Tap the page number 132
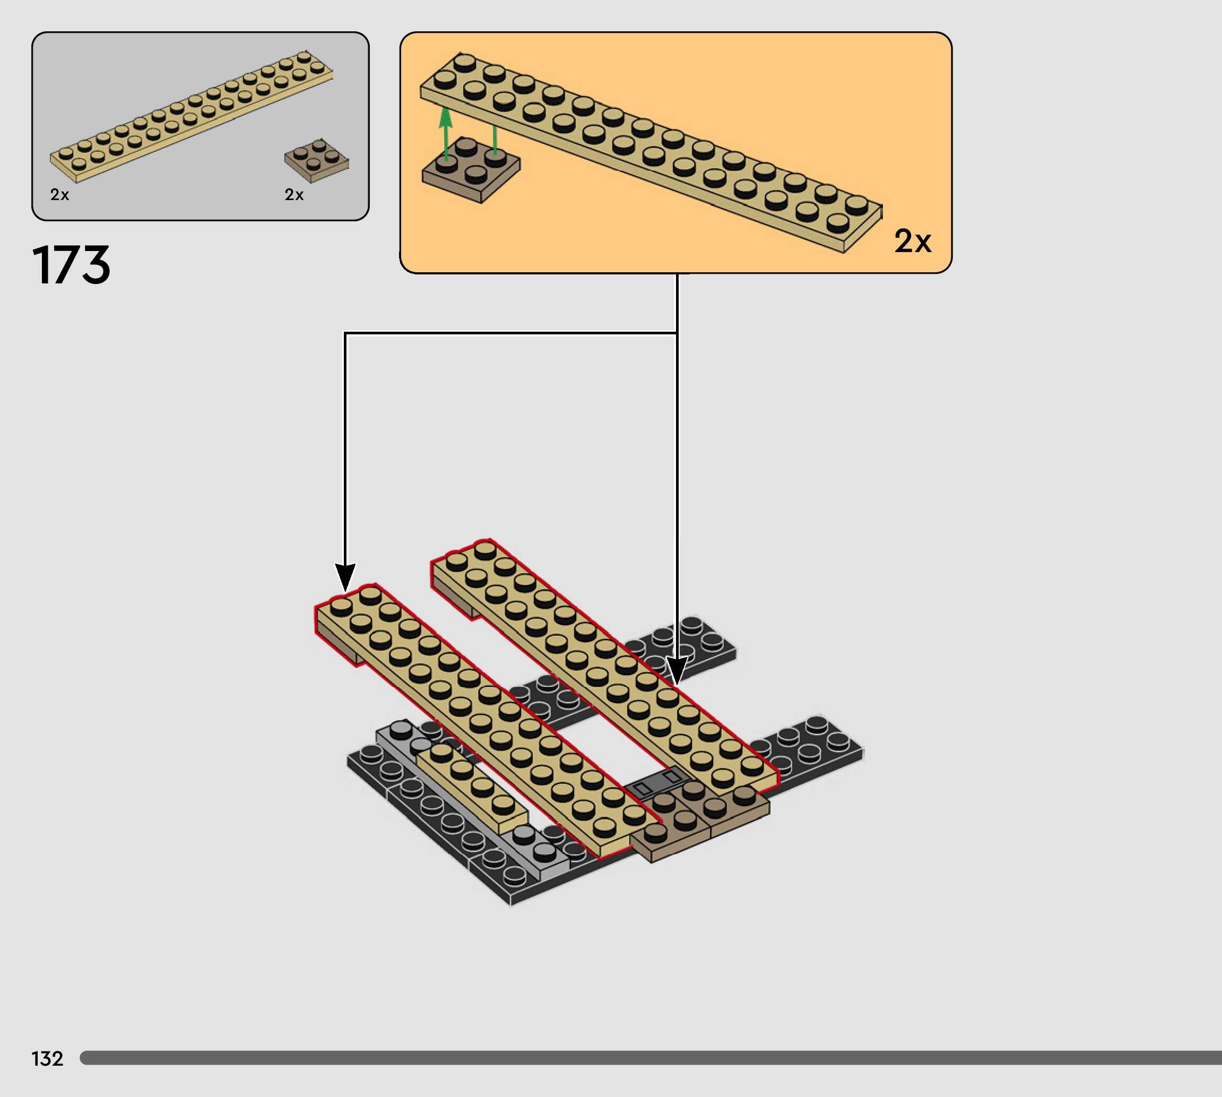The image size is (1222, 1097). tap(47, 1058)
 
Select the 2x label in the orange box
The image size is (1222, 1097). tap(912, 241)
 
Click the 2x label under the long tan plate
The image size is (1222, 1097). tap(59, 195)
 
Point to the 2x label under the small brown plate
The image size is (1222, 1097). tap(294, 195)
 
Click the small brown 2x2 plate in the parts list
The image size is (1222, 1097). tap(316, 160)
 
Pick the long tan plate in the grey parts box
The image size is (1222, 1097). tap(191, 116)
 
